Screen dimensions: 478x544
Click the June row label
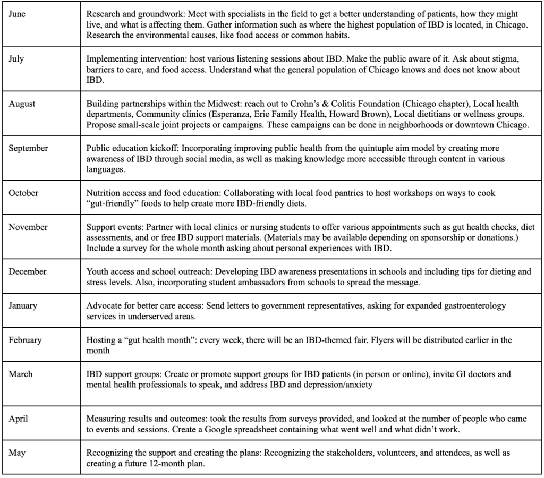(17, 14)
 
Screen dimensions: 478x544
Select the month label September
(28, 148)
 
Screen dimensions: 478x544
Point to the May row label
(16, 453)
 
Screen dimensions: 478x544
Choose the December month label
(27, 271)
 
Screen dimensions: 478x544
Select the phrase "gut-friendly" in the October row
(112, 203)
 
